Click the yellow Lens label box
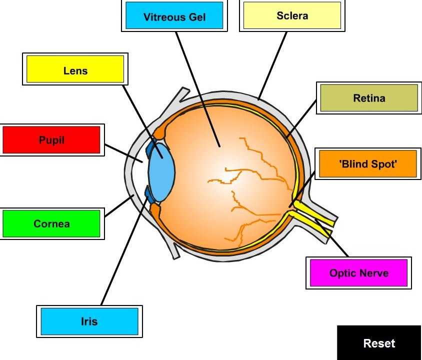(x=74, y=69)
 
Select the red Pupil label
(x=51, y=139)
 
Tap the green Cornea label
(x=51, y=223)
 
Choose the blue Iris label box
(x=89, y=321)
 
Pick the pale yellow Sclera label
(x=292, y=15)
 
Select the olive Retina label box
(x=368, y=97)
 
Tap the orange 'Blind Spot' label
(x=367, y=163)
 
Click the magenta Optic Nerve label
(x=358, y=272)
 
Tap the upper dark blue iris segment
(x=150, y=148)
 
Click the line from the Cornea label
(x=118, y=206)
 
